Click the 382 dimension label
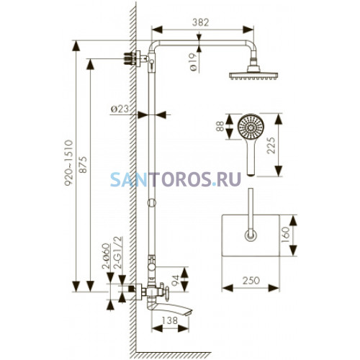[x=201, y=22]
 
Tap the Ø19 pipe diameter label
[x=193, y=62]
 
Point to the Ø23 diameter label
[x=120, y=109]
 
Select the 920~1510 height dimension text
[x=68, y=163]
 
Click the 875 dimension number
[x=83, y=165]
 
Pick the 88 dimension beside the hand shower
[x=220, y=126]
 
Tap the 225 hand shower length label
[x=271, y=145]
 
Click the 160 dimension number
[x=285, y=235]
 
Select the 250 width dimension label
[x=251, y=280]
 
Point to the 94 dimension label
[x=176, y=280]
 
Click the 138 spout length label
[x=170, y=320]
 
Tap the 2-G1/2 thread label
[x=120, y=253]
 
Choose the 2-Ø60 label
[x=106, y=256]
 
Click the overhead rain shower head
[x=253, y=73]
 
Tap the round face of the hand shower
[x=251, y=127]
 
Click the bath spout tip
[x=189, y=312]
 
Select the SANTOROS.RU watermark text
[x=176, y=179]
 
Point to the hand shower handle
[x=251, y=157]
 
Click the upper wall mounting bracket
[x=135, y=58]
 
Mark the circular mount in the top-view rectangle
[x=251, y=235]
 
